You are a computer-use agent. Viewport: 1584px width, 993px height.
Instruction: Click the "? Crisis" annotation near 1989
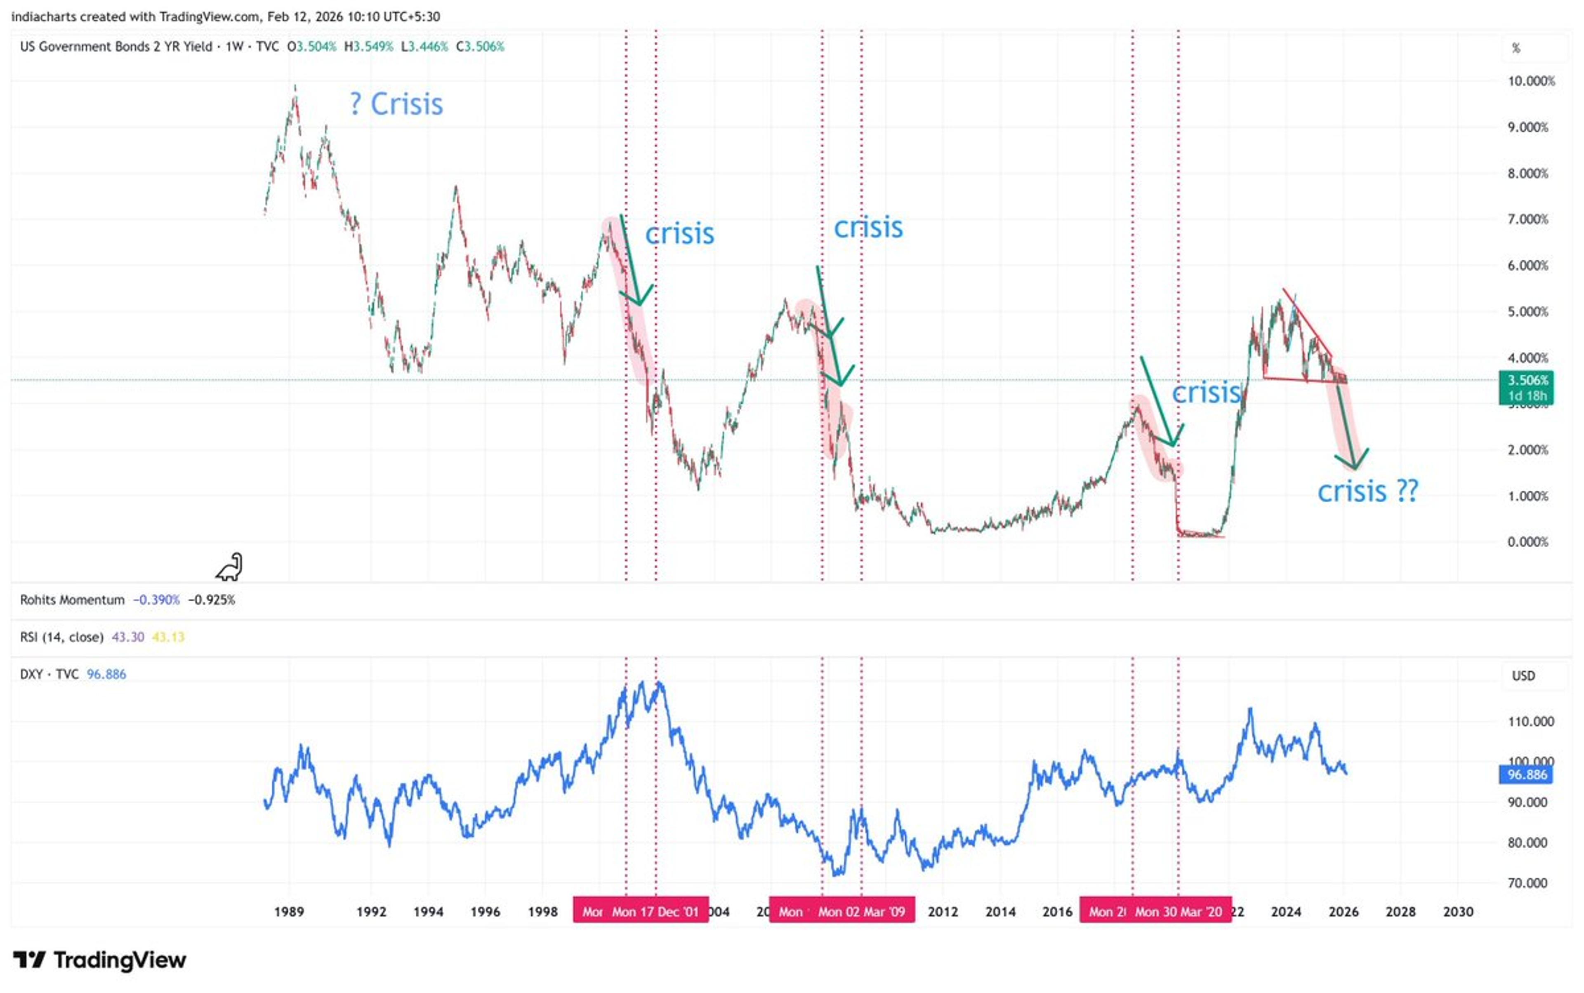397,104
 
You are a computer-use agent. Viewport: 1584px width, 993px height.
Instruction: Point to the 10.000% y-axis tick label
1531,81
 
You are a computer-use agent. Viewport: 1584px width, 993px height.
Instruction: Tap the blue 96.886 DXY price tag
1527,775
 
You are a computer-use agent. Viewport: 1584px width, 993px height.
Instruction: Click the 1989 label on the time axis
289,912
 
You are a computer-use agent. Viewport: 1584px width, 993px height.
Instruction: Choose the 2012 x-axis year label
943,912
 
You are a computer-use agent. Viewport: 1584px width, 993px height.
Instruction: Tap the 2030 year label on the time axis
1457,912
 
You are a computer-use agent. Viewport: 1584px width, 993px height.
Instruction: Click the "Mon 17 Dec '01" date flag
655,912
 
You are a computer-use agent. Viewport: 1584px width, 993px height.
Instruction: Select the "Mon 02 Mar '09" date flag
861,912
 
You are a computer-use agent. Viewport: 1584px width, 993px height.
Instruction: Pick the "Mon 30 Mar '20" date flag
1178,912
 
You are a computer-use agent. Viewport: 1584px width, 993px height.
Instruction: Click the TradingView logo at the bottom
100,960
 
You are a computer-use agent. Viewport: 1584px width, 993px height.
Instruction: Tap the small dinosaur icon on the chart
229,567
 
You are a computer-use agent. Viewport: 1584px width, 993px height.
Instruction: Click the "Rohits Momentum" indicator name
72,600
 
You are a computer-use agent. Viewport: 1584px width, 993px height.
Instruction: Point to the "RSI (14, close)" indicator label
62,637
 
